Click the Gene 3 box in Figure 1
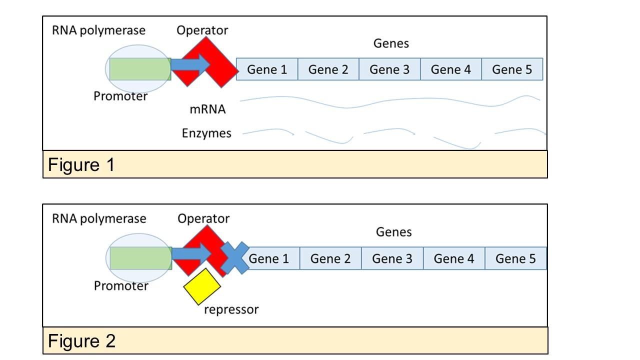389,69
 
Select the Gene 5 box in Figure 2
515,258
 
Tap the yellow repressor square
201,286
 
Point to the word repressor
231,309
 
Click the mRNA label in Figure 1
207,109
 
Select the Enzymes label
206,133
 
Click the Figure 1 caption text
81,164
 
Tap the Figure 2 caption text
81,341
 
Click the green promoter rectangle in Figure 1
140,69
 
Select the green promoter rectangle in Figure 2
140,257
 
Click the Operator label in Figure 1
202,30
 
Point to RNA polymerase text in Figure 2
99,219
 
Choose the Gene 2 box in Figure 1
328,69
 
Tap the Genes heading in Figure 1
391,43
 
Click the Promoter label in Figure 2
121,286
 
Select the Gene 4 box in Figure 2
453,258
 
